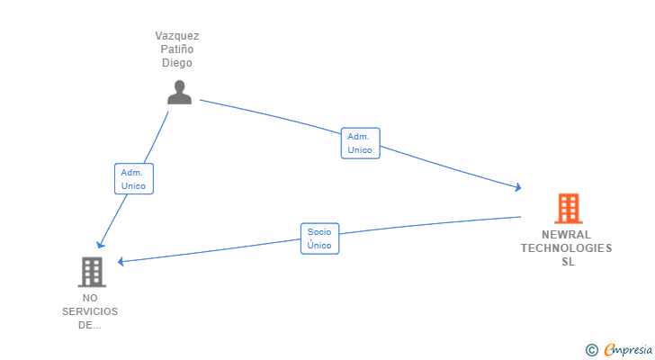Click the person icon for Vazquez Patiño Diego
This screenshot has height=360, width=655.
click(180, 92)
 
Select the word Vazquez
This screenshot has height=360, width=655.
click(177, 36)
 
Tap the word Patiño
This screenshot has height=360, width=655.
click(177, 49)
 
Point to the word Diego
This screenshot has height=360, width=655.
click(177, 63)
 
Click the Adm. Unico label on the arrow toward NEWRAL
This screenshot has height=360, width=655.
click(360, 143)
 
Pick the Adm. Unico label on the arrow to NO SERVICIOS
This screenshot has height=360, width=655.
click(133, 178)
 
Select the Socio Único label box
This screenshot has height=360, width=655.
click(319, 238)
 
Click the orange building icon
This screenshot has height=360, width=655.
click(567, 209)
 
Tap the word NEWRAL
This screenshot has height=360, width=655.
click(567, 235)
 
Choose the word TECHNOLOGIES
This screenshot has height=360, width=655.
click(567, 248)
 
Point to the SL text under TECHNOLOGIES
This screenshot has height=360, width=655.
click(568, 262)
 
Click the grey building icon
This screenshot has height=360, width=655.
click(91, 272)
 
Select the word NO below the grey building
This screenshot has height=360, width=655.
click(90, 298)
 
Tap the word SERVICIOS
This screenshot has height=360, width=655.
click(90, 311)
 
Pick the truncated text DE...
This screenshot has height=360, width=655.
click(90, 325)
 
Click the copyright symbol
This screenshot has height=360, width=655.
click(591, 349)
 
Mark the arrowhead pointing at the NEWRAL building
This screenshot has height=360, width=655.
click(518, 187)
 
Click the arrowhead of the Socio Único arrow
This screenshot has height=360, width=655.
click(121, 262)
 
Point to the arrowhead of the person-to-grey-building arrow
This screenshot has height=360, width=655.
click(101, 244)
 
